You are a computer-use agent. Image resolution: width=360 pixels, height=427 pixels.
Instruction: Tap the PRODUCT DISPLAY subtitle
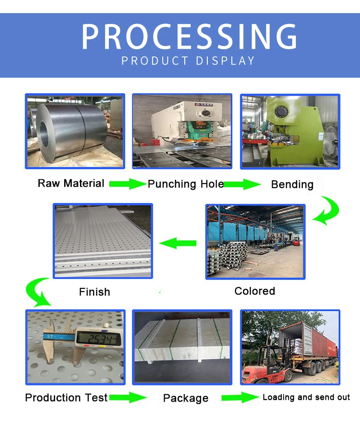[188, 61]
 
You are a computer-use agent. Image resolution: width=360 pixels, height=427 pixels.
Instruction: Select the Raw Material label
[71, 183]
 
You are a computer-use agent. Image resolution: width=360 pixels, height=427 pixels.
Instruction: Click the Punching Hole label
[186, 184]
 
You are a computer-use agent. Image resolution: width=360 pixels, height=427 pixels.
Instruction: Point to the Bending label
[292, 184]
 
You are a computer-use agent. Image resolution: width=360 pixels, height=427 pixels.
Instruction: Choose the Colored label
[254, 291]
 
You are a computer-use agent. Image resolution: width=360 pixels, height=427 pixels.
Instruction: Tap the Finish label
[94, 292]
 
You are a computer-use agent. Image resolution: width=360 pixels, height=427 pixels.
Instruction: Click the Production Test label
[66, 398]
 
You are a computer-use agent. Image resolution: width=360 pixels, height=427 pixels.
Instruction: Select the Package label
[186, 398]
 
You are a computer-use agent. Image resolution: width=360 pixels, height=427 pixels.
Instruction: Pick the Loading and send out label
[306, 397]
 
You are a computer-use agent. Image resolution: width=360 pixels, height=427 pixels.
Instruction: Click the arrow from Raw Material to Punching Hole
[127, 184]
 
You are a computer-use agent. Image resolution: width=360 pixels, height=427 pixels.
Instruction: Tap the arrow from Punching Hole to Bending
[243, 184]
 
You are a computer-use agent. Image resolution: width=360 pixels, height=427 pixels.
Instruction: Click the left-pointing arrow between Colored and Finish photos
[178, 244]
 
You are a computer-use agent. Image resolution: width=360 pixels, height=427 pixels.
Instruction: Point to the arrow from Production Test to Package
[128, 398]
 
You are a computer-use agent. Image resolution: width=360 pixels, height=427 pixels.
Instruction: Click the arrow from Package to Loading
[238, 398]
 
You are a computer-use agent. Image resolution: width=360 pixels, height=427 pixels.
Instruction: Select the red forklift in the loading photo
[261, 366]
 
